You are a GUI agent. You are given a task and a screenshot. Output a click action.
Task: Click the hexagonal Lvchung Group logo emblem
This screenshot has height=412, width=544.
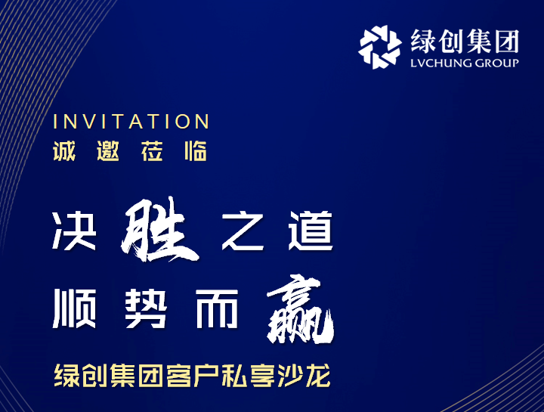(x=380, y=47)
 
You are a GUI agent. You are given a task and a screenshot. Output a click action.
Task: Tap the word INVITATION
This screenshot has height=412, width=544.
(x=131, y=122)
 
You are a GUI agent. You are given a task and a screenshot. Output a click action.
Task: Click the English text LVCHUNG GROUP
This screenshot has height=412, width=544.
(x=465, y=64)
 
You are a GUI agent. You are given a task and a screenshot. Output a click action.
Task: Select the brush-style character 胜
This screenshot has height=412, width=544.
(x=160, y=230)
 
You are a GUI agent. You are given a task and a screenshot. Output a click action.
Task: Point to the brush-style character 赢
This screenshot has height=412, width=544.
(x=300, y=308)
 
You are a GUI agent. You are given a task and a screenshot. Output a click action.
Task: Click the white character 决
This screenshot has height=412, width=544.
(x=74, y=231)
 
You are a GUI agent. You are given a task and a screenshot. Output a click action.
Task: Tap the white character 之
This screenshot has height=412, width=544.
(x=243, y=231)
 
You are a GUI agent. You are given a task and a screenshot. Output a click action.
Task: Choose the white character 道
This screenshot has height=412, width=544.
(x=311, y=231)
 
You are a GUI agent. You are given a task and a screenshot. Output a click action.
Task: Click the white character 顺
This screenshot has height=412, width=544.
(x=74, y=308)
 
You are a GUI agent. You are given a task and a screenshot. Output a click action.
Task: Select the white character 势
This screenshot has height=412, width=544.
(x=146, y=308)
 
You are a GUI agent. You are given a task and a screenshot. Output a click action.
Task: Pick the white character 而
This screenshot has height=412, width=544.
(x=217, y=308)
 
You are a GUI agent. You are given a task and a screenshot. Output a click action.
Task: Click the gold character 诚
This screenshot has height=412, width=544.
(x=64, y=151)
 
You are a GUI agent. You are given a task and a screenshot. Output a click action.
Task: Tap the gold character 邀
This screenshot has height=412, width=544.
(x=108, y=151)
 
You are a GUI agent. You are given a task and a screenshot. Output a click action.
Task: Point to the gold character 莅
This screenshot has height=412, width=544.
(x=152, y=151)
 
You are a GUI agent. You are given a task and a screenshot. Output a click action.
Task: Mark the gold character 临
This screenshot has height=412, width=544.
(x=196, y=151)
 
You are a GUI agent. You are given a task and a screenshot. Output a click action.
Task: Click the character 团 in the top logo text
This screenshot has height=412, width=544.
(x=507, y=42)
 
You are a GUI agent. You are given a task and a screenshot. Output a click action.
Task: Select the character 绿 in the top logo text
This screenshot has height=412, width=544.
(x=423, y=42)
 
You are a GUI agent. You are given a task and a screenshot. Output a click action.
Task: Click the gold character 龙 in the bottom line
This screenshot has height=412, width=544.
(x=318, y=376)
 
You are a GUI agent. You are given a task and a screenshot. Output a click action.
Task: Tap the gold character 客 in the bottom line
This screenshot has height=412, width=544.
(x=178, y=376)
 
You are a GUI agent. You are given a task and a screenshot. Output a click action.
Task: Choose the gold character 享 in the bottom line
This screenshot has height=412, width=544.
(x=263, y=376)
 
